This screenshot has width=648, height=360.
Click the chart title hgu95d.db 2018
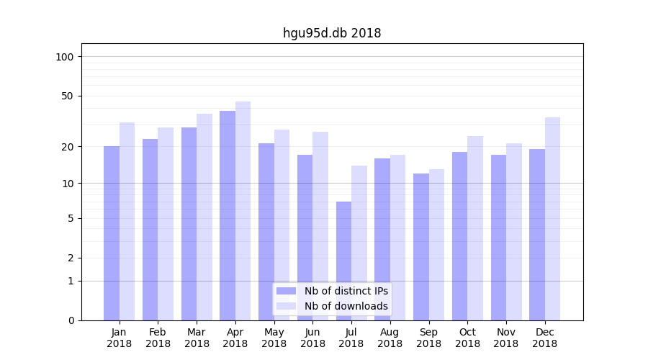pyautogui.click(x=332, y=33)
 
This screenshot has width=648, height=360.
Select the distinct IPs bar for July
pyautogui.click(x=343, y=261)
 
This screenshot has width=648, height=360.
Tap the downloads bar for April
pyautogui.click(x=243, y=210)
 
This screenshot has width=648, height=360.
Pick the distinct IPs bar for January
pyautogui.click(x=112, y=233)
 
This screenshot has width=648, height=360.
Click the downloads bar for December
pyautogui.click(x=552, y=218)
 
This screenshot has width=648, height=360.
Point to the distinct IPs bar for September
pyautogui.click(x=421, y=246)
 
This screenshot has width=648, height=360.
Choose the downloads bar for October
pyautogui.click(x=475, y=228)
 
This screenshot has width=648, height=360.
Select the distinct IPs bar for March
pyautogui.click(x=189, y=223)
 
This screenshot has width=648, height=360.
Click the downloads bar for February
pyautogui.click(x=166, y=223)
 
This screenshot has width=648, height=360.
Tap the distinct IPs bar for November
pyautogui.click(x=498, y=237)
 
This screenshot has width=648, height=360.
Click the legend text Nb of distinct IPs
pyautogui.click(x=346, y=291)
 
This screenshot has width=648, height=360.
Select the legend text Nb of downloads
pyautogui.click(x=346, y=306)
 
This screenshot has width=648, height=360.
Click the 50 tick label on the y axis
pyautogui.click(x=68, y=96)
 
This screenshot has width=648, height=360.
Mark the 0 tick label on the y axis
pyautogui.click(x=71, y=320)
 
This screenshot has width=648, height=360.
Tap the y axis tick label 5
pyautogui.click(x=71, y=218)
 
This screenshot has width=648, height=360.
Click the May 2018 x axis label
pyautogui.click(x=274, y=338)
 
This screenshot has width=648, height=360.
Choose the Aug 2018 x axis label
pyautogui.click(x=390, y=338)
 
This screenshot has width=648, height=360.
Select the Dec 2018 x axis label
pyautogui.click(x=544, y=338)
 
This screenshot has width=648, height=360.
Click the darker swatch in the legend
pyautogui.click(x=286, y=291)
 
